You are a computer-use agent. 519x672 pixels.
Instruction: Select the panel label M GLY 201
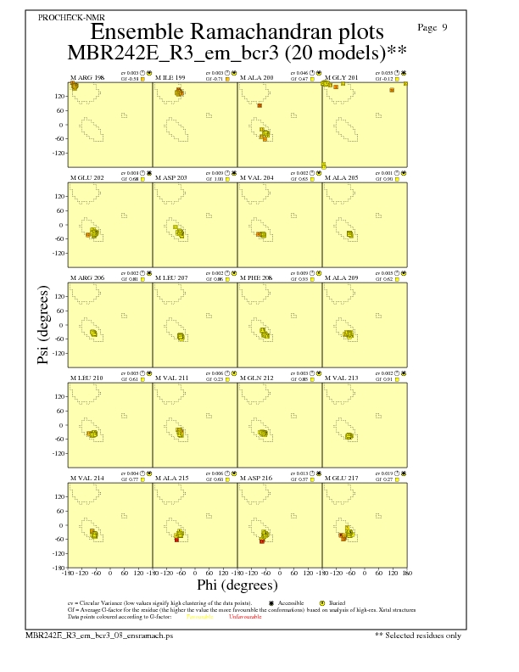[343, 77]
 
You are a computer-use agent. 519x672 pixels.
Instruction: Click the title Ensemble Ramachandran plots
[237, 32]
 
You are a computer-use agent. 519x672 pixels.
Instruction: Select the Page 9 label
[433, 28]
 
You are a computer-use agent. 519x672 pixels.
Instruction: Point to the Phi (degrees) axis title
[237, 585]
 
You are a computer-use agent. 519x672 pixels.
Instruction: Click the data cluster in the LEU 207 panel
[181, 337]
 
